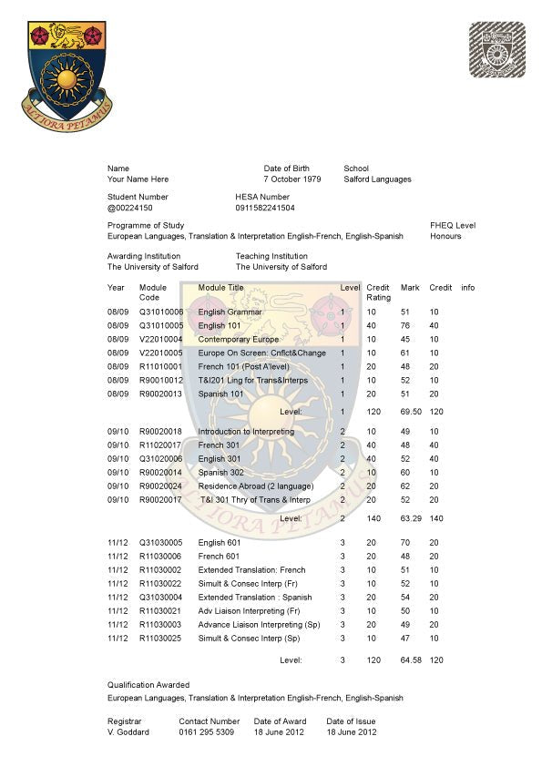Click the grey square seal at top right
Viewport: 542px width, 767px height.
496,50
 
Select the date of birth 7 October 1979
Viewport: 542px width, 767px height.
292,179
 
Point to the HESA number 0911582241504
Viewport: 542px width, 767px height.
265,208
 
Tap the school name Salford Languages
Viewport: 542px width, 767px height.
377,179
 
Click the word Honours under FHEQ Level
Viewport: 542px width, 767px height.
445,236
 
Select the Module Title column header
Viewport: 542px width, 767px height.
221,288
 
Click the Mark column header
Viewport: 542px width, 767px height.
410,288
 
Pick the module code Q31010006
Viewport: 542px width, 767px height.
161,312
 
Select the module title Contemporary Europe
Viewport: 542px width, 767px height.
239,339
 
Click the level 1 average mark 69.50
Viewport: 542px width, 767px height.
410,412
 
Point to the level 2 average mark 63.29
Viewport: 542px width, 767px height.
410,517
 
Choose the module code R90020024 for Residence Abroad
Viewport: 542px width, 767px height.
161,486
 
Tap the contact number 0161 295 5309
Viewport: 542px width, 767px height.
207,731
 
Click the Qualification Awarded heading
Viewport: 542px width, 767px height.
148,684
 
